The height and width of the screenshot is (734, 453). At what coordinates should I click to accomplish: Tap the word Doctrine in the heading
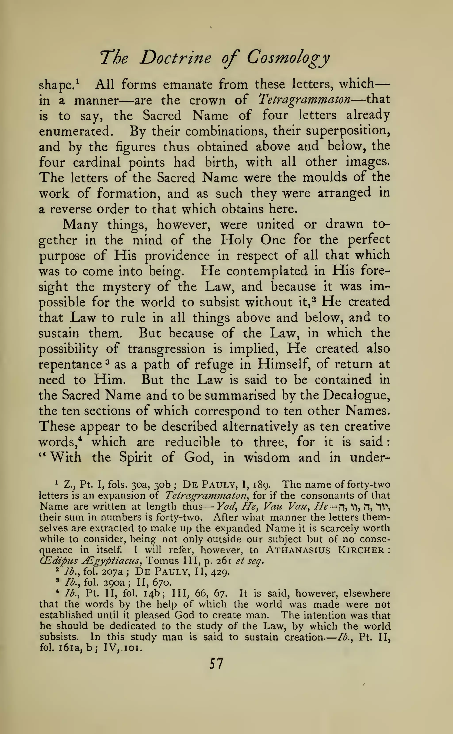click(175, 58)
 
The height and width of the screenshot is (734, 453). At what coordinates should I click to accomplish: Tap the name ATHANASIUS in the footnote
click(298, 550)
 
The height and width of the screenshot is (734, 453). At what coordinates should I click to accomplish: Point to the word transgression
click(167, 349)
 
